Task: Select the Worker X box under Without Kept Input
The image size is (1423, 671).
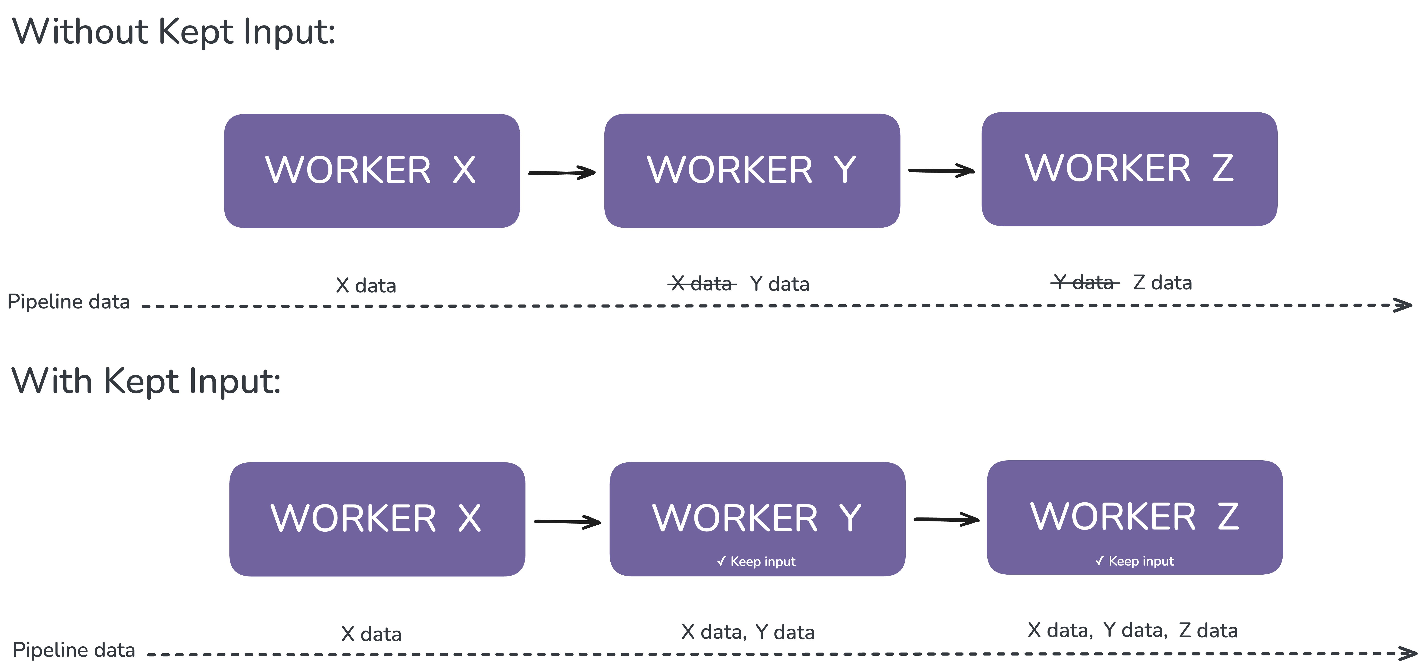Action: point(372,171)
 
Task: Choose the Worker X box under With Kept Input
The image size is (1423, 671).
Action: point(377,520)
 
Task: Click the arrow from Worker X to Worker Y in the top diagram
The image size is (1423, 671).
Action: point(562,172)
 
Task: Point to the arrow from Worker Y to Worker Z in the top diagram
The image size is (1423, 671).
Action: point(941,171)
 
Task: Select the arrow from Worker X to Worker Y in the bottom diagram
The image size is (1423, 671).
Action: point(567,521)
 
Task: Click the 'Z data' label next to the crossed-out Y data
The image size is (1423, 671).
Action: point(1162,282)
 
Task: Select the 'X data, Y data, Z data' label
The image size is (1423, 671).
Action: point(1132,630)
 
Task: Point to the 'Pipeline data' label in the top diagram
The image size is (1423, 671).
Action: point(68,302)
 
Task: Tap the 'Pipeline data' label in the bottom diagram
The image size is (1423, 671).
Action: point(74,650)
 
